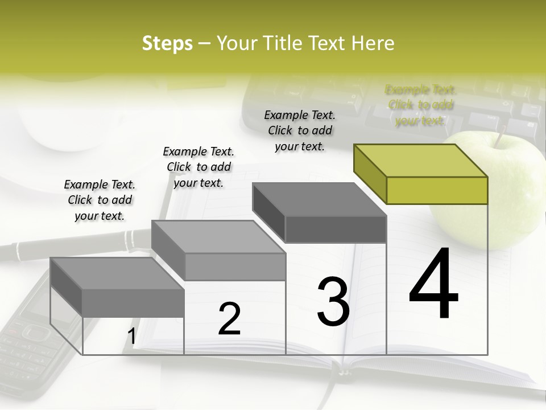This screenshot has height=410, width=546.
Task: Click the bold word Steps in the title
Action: pyautogui.click(x=167, y=43)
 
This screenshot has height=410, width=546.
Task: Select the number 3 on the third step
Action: pyautogui.click(x=333, y=302)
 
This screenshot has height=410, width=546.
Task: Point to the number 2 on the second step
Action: pyautogui.click(x=229, y=319)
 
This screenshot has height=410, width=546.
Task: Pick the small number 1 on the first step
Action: pyautogui.click(x=131, y=337)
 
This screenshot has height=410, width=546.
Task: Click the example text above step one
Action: pyautogui.click(x=100, y=200)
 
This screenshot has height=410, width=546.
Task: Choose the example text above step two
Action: pyautogui.click(x=198, y=167)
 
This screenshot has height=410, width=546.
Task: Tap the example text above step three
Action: pyautogui.click(x=300, y=130)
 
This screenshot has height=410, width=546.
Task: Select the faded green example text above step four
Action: pyautogui.click(x=421, y=105)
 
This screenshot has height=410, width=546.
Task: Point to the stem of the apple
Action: pyautogui.click(x=500, y=137)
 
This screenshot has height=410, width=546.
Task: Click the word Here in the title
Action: pyautogui.click(x=373, y=43)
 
